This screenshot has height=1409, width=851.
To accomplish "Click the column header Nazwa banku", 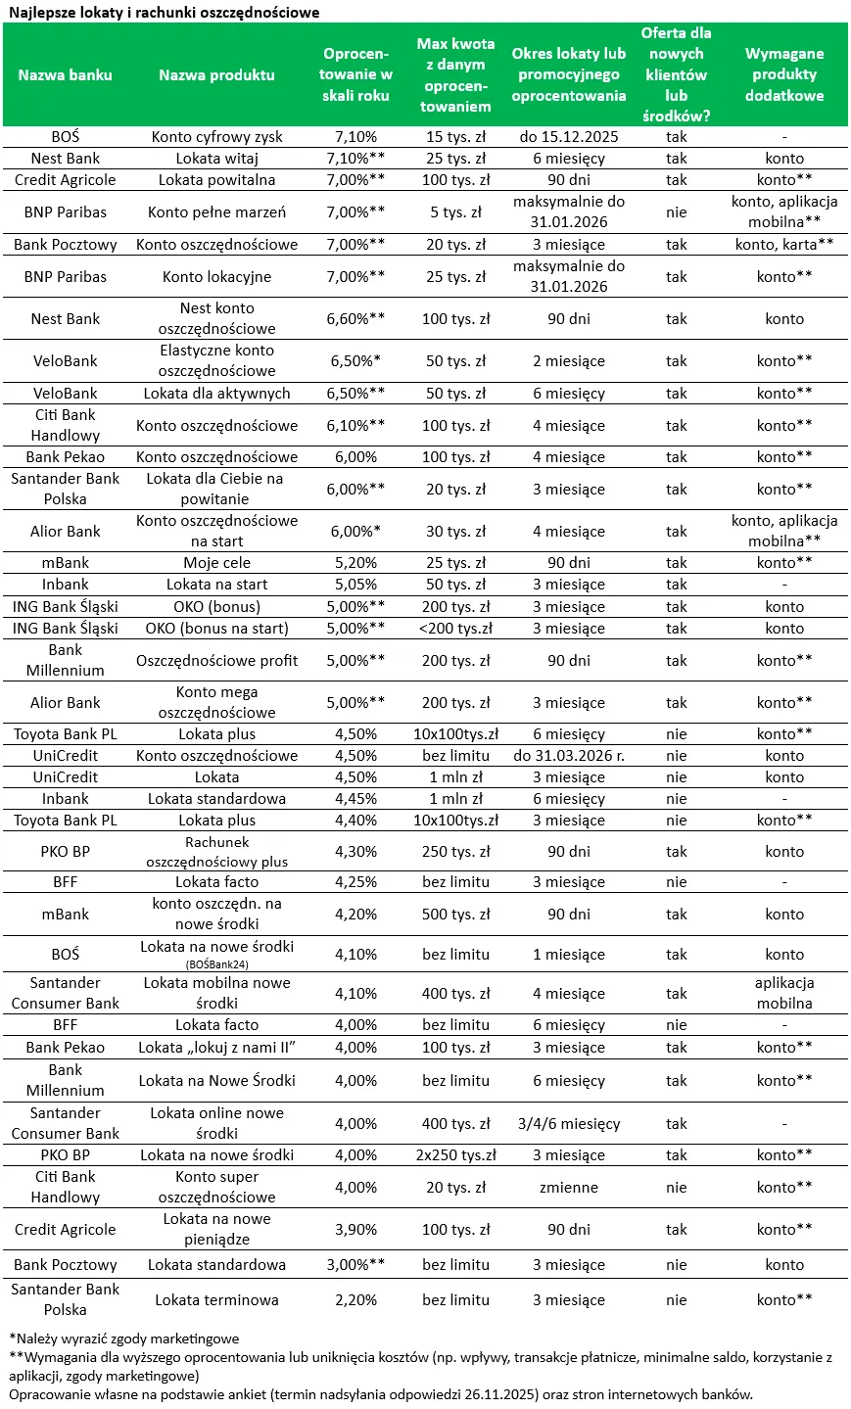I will (x=66, y=74).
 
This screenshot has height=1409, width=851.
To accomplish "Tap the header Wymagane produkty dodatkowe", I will (x=783, y=74).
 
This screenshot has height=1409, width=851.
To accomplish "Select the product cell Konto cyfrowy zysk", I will (x=216, y=137).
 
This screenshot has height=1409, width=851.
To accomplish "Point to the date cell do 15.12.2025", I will (x=569, y=137).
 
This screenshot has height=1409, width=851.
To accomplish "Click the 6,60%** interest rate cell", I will (x=355, y=319).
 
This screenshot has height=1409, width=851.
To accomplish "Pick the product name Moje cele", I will (x=216, y=563).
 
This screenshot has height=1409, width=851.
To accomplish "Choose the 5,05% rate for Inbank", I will (x=355, y=585).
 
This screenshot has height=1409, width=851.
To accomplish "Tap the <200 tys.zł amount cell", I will (x=455, y=629).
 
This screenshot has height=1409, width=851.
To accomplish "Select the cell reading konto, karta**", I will (x=783, y=245).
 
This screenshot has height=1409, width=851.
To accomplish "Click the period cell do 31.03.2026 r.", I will (x=569, y=756).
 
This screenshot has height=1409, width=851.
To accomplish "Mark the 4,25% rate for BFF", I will (x=355, y=882).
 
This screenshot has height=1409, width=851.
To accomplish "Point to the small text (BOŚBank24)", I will (x=216, y=964).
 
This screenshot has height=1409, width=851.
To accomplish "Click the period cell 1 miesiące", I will (x=569, y=955).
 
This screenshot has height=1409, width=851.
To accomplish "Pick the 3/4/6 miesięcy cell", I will (x=569, y=1124).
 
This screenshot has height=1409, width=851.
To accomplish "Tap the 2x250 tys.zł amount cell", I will (x=455, y=1155).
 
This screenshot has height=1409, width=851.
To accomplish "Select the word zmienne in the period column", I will (x=569, y=1188).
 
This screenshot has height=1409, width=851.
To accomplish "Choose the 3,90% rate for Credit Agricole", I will (x=355, y=1230).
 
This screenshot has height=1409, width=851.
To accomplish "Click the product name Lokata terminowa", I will (x=216, y=1300).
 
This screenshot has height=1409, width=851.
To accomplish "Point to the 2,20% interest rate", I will (x=355, y=1300).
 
